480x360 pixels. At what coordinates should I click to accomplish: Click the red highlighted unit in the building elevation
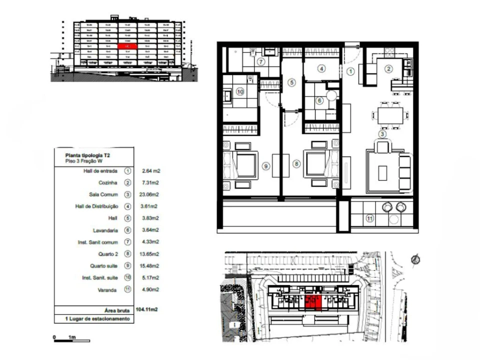pyautogui.click(x=127, y=46)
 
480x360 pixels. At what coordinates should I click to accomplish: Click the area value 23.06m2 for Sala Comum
pyautogui.click(x=150, y=194)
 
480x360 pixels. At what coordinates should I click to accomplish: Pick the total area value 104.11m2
pyautogui.click(x=146, y=309)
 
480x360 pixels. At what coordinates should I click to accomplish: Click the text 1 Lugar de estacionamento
pyautogui.click(x=94, y=318)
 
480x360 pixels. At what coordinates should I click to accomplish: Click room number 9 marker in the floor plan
pyautogui.click(x=266, y=165)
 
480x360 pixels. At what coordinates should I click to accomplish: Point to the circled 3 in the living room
pyautogui.click(x=382, y=133)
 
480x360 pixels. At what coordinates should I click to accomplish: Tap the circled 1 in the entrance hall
pyautogui.click(x=350, y=71)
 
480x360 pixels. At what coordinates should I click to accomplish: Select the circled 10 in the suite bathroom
pyautogui.click(x=239, y=91)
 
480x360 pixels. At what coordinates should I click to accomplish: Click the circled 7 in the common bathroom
pyautogui.click(x=261, y=62)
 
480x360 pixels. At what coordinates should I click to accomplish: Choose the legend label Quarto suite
pyautogui.click(x=104, y=265)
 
